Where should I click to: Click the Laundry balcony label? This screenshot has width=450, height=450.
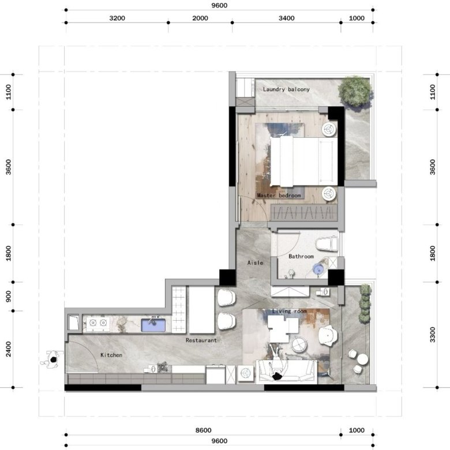[x=286, y=89]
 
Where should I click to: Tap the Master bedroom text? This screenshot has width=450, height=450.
[x=279, y=196]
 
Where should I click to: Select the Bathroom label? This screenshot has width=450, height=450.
[x=301, y=256]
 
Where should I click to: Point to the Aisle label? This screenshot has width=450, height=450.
[x=255, y=262]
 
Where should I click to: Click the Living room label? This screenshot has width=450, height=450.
[x=289, y=311]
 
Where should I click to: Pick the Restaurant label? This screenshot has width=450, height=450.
[x=201, y=340]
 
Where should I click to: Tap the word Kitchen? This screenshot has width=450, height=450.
[x=111, y=355]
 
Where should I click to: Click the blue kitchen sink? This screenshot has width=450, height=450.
[x=153, y=325]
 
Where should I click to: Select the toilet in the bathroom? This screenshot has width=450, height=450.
[x=327, y=243]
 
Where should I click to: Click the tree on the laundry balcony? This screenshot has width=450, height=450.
[x=355, y=91]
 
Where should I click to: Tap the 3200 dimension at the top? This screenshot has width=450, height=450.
[x=117, y=18]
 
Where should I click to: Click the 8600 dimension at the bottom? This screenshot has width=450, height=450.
[x=203, y=430]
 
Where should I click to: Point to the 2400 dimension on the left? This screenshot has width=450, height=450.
[x=9, y=349]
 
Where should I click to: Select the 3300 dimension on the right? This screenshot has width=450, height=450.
[x=433, y=335]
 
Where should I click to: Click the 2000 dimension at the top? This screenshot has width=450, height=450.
[x=200, y=18]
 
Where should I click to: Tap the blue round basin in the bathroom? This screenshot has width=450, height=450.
[x=318, y=269]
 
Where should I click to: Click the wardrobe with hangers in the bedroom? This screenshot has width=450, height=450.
[x=304, y=213]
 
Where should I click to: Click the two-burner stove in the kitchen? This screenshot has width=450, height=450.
[x=98, y=323]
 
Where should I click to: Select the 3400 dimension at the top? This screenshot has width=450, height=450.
[x=286, y=18]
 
